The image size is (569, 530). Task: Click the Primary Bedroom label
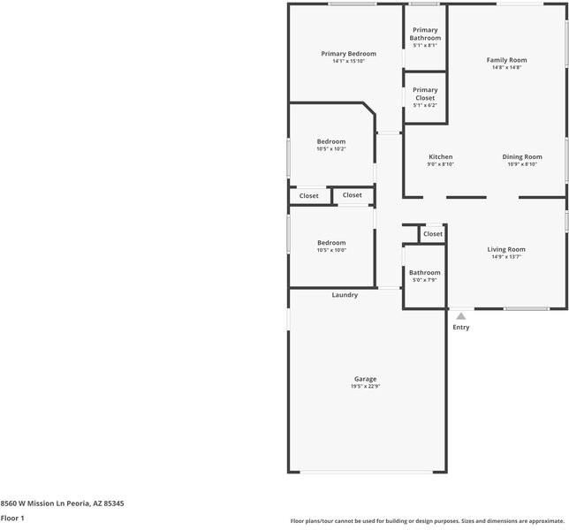(x=348, y=54)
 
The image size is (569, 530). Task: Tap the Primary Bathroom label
(x=425, y=34)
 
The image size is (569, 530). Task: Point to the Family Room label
(x=506, y=60)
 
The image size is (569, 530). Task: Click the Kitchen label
(x=440, y=157)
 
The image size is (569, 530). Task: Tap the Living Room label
(x=506, y=249)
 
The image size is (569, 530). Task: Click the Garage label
(x=366, y=378)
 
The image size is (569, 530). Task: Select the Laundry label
(x=345, y=295)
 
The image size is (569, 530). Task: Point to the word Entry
(x=461, y=328)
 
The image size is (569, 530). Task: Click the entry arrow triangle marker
(x=461, y=315)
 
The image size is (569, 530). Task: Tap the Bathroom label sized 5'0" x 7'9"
(x=424, y=273)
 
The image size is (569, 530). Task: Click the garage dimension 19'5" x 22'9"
(x=366, y=386)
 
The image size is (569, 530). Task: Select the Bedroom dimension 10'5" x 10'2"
(x=331, y=149)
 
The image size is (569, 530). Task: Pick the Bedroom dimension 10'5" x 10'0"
(x=331, y=250)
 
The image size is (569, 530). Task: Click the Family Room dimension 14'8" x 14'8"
(x=506, y=68)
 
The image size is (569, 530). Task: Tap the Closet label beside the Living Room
(x=433, y=234)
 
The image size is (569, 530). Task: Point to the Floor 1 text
(x=12, y=519)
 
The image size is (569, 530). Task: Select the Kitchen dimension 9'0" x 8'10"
(x=440, y=164)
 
